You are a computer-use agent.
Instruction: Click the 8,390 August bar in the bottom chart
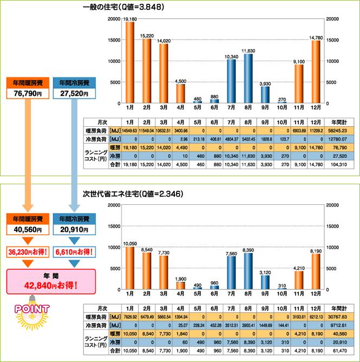point(247,272)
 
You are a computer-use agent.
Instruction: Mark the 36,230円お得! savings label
point(30,252)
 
